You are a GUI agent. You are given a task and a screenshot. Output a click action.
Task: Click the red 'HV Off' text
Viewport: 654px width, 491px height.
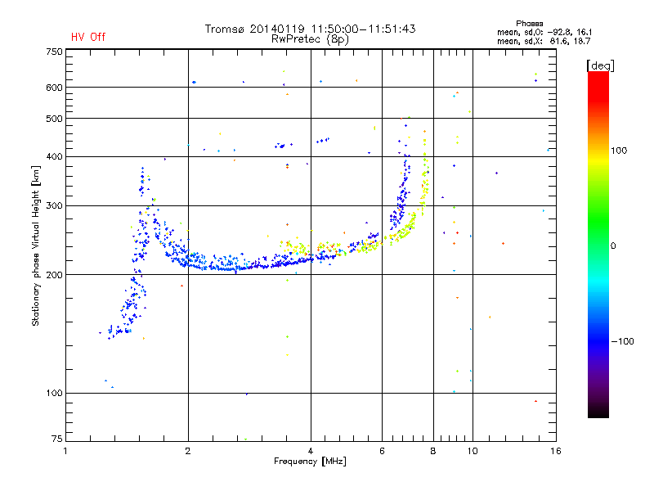point(87,37)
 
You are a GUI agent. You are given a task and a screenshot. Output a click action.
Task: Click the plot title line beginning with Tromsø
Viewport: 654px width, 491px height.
point(310,29)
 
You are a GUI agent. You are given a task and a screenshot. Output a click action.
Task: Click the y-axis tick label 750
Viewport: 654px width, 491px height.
point(54,51)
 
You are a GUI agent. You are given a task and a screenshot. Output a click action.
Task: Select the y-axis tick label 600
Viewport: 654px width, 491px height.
point(54,87)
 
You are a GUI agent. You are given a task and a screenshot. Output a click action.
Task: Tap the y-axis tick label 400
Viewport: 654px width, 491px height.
point(54,156)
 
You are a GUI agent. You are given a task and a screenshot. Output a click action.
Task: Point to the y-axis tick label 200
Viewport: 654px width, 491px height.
point(54,274)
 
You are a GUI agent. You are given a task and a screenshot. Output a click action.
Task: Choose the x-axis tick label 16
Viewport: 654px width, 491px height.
point(555,451)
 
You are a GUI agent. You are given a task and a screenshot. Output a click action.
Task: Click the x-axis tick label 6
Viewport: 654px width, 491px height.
point(382,451)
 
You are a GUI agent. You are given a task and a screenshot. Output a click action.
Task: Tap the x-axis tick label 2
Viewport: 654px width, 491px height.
point(188,451)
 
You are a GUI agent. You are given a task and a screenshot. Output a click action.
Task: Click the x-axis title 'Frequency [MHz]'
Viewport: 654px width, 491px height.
point(310,462)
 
